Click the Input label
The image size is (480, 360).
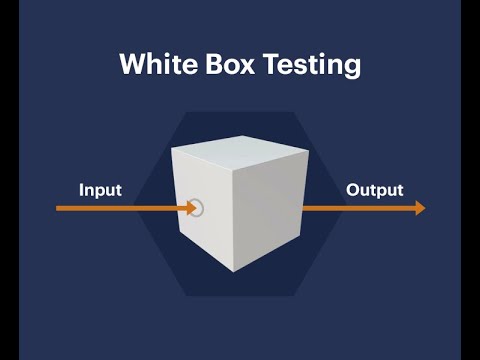click(100, 189)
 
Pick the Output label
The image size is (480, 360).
click(374, 189)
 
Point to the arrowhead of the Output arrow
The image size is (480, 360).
click(419, 208)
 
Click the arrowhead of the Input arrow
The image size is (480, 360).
click(191, 208)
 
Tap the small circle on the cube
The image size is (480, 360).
click(197, 208)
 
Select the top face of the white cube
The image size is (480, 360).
click(238, 158)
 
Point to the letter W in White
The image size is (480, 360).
click(131, 65)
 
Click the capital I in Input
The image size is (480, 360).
click(82, 189)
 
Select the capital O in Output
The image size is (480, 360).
click(353, 189)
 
